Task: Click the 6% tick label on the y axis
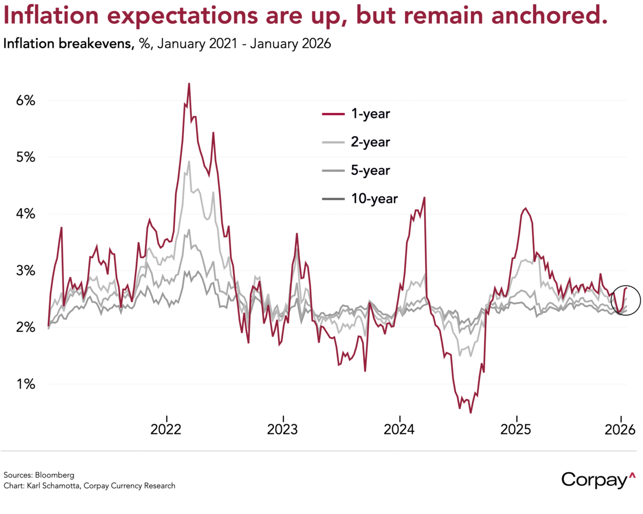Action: [x=26, y=100]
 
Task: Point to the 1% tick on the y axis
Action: [x=26, y=384]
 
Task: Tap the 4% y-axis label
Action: [x=26, y=214]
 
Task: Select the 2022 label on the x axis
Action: [x=166, y=429]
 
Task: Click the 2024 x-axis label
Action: [x=399, y=429]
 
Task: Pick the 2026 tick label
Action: [x=620, y=429]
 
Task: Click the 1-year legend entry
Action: [x=370, y=114]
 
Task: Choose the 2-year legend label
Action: [x=370, y=142]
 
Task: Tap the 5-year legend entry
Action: [x=370, y=170]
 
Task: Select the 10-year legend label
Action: [x=374, y=198]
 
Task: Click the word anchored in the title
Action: [x=549, y=15]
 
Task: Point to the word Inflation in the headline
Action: [x=51, y=15]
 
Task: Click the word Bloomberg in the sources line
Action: [x=54, y=475]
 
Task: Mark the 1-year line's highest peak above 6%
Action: [x=189, y=84]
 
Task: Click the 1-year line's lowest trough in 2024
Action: [x=470, y=412]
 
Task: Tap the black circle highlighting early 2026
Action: [x=626, y=300]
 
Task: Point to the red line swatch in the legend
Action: [x=334, y=114]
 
